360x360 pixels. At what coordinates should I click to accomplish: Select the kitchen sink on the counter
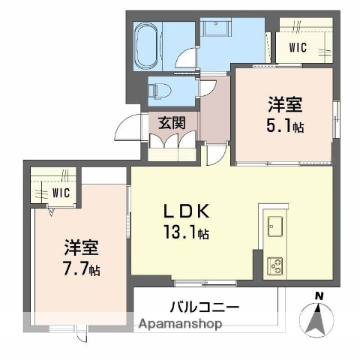point(273,225)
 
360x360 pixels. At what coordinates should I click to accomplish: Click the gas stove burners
point(274,265)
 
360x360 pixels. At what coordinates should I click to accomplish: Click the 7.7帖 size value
point(83,268)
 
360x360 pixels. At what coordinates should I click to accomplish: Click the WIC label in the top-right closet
point(298,46)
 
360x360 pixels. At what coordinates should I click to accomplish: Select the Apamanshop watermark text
point(179,325)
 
